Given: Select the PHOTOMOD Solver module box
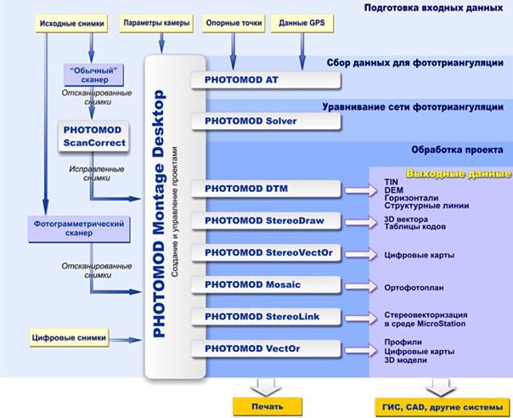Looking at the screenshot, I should tap(265, 121).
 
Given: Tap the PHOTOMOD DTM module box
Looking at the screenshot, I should tap(265, 189).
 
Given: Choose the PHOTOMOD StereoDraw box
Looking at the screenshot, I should tap(265, 221).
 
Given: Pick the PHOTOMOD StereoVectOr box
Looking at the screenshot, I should tap(265, 253).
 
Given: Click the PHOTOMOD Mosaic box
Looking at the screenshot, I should tap(265, 285).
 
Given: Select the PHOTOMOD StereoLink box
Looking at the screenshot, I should tap(265, 317).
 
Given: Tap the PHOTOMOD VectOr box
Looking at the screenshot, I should tap(265, 348).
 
